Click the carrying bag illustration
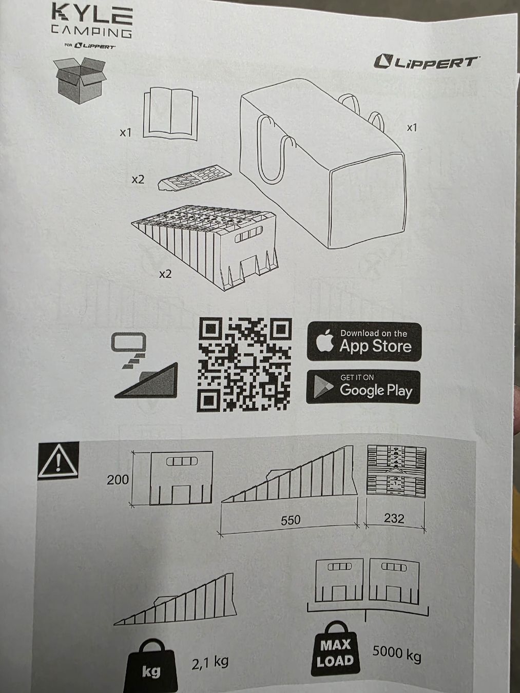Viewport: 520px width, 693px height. coord(322,164)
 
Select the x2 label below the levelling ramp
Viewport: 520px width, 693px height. coord(165,274)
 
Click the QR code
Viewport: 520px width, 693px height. coord(244,364)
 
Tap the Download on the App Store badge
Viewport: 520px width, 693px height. coord(364,341)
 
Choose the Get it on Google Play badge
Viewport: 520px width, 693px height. coord(363,388)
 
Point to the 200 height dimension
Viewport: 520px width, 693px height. coord(118,480)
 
